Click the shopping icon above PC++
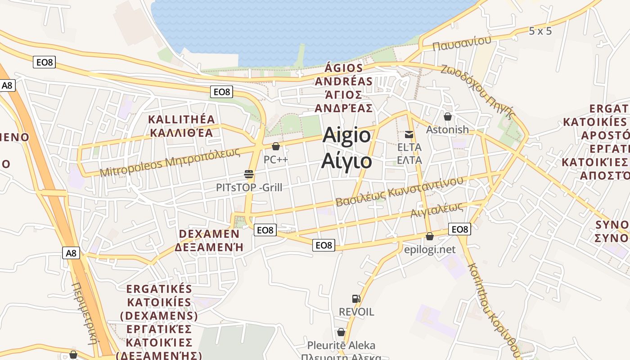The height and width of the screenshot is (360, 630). [276, 146]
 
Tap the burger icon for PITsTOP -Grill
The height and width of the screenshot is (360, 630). [249, 174]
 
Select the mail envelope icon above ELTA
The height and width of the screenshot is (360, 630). [409, 134]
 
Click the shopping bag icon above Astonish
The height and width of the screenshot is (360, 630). [447, 117]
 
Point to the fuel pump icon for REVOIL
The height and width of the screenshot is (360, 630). [356, 298]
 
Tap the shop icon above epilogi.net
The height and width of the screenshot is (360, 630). [430, 236]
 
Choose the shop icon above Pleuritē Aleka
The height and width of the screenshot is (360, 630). [341, 332]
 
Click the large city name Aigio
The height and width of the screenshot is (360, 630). [346, 135]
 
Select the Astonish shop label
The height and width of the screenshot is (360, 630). [447, 130]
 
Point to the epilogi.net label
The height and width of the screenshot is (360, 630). [429, 250]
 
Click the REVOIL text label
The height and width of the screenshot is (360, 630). [356, 312]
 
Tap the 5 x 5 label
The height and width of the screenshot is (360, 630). [540, 31]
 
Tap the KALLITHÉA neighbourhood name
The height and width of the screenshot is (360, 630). [182, 119]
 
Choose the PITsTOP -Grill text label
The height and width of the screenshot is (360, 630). [249, 187]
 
